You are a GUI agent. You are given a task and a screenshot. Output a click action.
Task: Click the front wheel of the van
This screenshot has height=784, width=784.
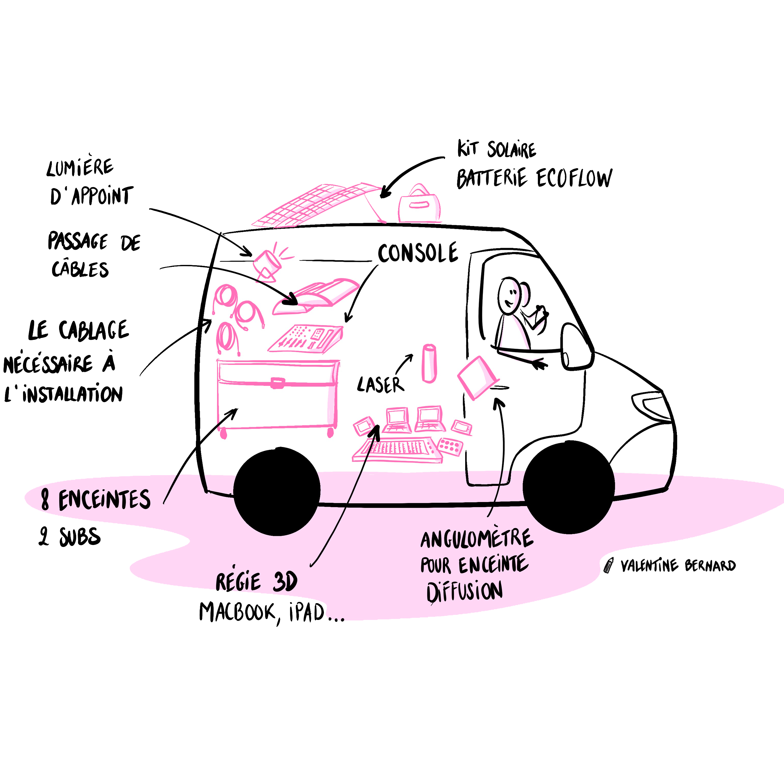568,487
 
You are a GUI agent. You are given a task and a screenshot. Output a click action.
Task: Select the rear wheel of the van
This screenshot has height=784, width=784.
277,492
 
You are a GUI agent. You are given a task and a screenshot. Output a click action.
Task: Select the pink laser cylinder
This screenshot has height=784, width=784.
429,363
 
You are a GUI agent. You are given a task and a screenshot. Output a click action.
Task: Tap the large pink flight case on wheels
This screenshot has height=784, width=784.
277,395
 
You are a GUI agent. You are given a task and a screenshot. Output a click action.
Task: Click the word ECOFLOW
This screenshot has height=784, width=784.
574,178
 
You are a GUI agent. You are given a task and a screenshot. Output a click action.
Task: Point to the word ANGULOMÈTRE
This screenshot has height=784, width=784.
477,540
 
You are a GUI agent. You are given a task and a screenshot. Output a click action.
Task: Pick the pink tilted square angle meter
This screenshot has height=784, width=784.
477,377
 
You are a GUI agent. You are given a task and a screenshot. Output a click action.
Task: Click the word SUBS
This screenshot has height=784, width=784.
80,537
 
